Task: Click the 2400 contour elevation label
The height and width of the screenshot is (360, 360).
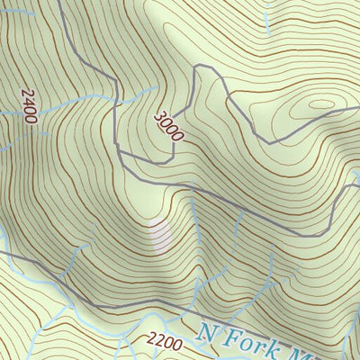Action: click(x=28, y=106)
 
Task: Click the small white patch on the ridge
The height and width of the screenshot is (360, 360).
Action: click(x=159, y=236)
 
